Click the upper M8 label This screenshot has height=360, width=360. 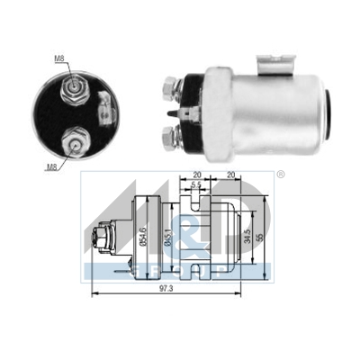(x=59, y=60)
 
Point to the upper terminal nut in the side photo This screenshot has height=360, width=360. (x=168, y=91)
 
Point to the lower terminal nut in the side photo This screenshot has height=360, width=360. (x=168, y=137)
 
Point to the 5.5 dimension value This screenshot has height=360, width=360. (x=197, y=184)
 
